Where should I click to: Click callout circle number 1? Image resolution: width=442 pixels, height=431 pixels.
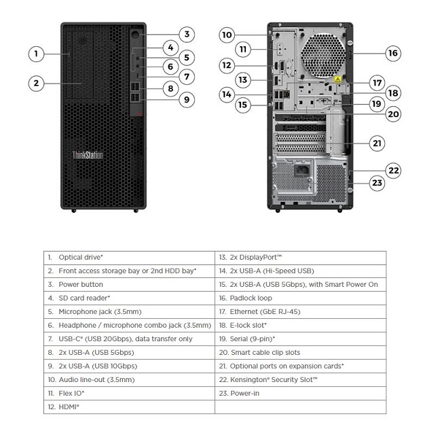tap(37, 53)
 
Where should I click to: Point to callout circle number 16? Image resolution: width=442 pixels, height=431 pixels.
tap(393, 53)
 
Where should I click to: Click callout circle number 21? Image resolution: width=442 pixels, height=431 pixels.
tap(377, 143)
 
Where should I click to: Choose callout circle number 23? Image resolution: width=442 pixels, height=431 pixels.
tap(377, 182)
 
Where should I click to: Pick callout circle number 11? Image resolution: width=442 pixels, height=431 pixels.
tap(244, 50)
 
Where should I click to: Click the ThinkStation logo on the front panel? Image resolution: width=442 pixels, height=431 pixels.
tap(88, 155)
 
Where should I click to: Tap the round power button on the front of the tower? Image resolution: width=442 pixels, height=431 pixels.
tap(135, 35)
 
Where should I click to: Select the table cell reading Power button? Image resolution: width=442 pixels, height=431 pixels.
tap(81, 284)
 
